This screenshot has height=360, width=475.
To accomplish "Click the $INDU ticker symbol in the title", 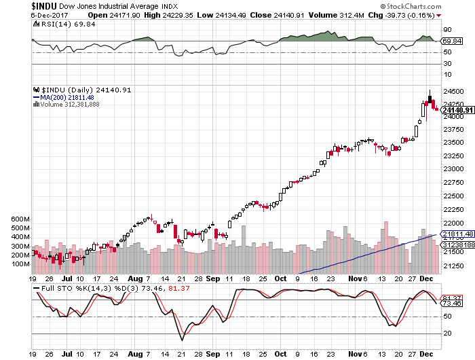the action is (44, 6).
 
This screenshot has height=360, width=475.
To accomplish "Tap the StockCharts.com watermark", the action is (411, 6).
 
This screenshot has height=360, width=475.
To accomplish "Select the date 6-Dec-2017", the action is (50, 15).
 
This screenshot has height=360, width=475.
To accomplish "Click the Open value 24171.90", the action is (125, 15).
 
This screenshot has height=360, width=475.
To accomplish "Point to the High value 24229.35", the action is (178, 15).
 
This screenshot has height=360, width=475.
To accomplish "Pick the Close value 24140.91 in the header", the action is (289, 15).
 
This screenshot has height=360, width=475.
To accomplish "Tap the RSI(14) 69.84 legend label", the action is (68, 24).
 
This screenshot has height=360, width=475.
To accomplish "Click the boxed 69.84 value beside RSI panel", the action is (452, 41).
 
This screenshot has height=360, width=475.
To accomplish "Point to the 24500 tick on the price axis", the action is (453, 91).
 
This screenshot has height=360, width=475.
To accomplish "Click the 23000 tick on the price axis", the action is (453, 169).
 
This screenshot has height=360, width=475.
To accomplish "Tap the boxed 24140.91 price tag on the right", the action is (458, 110).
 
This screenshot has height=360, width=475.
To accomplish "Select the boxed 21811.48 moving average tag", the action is (458, 234).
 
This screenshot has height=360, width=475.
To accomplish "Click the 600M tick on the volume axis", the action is (20, 219).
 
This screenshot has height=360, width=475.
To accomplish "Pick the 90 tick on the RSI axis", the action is (447, 30).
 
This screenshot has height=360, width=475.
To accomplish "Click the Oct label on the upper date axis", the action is (280, 278).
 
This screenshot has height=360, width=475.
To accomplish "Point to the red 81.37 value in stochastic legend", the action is (179, 289).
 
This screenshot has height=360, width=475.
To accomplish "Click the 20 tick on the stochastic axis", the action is (447, 334).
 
